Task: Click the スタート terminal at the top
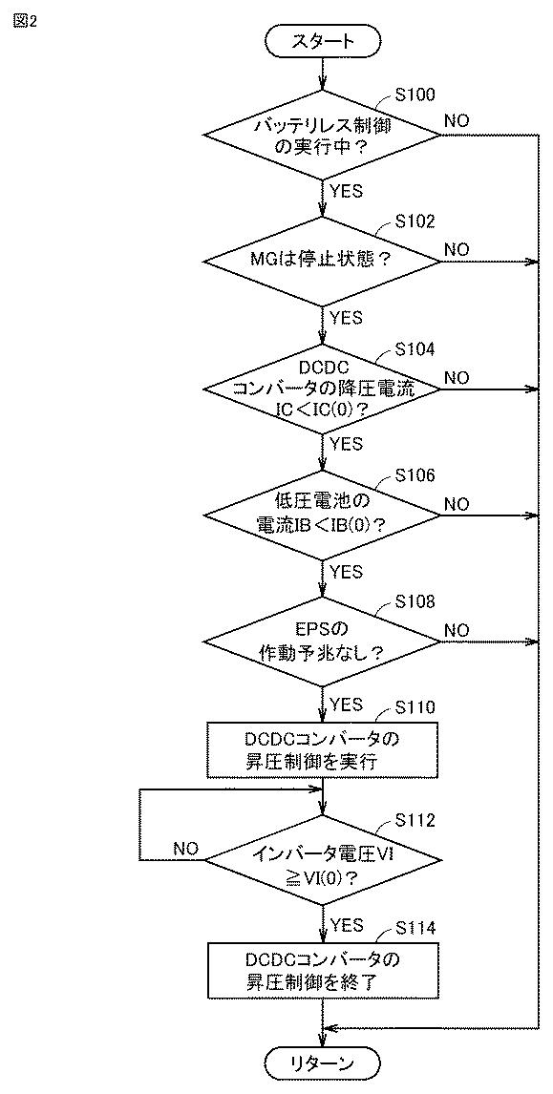coord(322,42)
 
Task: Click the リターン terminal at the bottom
coord(322,1063)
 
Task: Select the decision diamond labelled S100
coord(322,136)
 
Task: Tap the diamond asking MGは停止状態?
coord(322,263)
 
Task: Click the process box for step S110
coord(322,750)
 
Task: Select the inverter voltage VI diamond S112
coord(322,862)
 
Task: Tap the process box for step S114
coord(322,971)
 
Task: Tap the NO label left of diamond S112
coord(186,849)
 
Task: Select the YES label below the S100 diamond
coord(347,191)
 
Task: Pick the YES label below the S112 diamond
coord(347,925)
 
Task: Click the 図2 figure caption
coord(25,20)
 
